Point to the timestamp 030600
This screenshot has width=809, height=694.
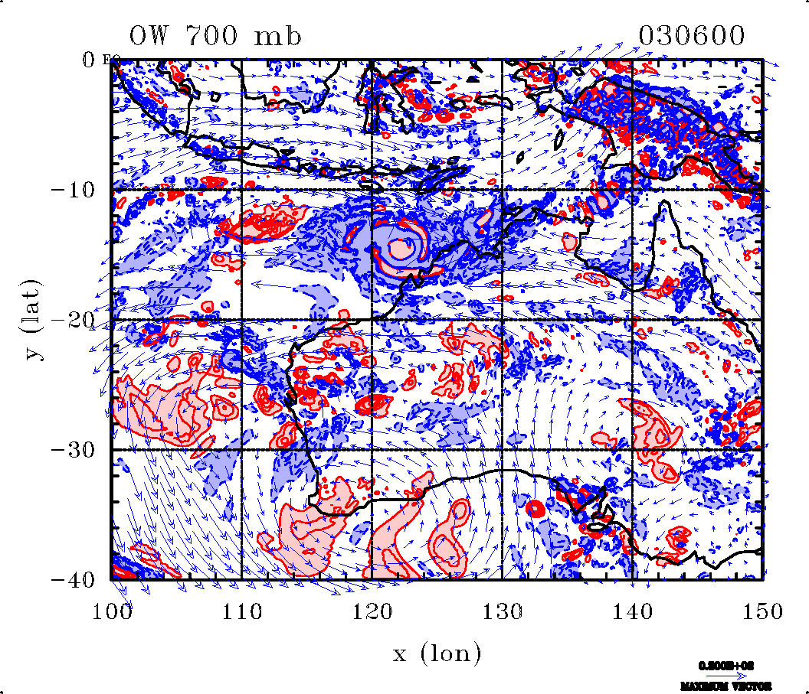691,36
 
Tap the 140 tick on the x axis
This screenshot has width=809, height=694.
633,611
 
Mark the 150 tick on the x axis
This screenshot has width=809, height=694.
763,611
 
